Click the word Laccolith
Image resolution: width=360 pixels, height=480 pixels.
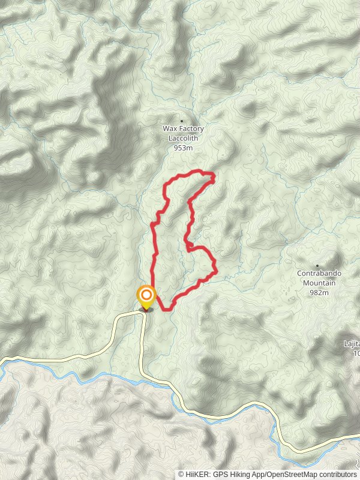[183, 138]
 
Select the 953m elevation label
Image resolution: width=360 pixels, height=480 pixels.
[183, 148]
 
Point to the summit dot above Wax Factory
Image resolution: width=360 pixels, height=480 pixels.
[182, 121]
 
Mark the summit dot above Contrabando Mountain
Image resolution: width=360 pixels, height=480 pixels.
[317, 265]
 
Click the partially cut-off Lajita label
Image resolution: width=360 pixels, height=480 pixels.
[352, 344]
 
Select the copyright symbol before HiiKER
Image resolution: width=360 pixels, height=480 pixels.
[181, 474]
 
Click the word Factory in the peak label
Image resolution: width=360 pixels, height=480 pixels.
[191, 129]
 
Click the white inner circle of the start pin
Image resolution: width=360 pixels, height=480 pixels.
[146, 295]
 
